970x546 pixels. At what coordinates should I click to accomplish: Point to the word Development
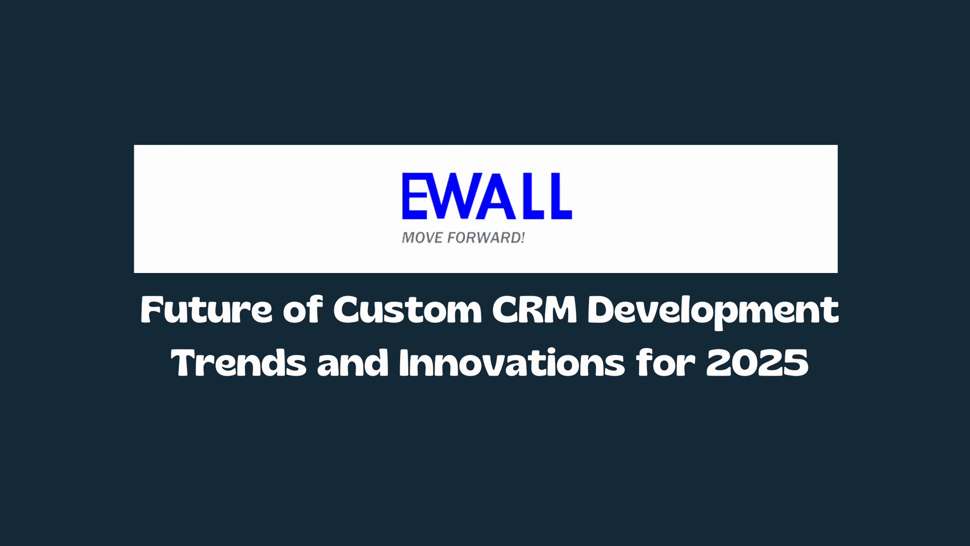[x=713, y=311]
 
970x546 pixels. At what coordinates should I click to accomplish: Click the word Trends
[x=238, y=363]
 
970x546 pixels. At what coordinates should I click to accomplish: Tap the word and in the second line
[x=352, y=363]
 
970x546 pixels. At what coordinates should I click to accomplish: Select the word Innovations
[x=512, y=363]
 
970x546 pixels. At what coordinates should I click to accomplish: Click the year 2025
[x=757, y=363]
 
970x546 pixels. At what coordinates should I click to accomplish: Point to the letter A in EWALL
[x=494, y=196]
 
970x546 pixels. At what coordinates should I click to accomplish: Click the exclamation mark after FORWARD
[x=522, y=238]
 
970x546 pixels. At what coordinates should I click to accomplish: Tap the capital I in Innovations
[x=404, y=363]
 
